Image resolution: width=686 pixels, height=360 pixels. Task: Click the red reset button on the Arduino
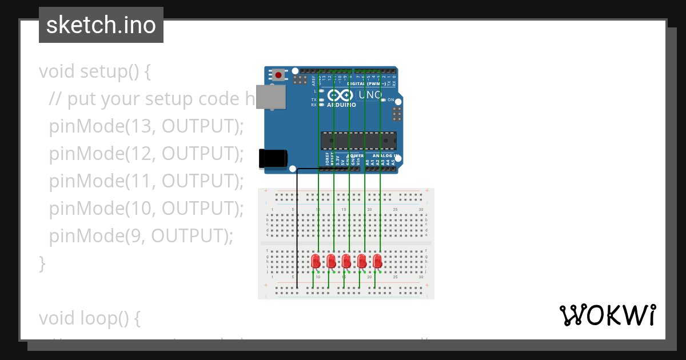point(278,74)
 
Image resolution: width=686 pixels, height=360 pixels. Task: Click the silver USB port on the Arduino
point(271,97)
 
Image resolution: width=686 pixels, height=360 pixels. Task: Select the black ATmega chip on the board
point(358,141)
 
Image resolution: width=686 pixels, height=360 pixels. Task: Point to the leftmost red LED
point(316,261)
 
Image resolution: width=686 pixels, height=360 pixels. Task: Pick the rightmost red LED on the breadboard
point(377,261)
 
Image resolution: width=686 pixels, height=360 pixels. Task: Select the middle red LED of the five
point(346,261)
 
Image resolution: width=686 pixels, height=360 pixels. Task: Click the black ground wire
point(297,229)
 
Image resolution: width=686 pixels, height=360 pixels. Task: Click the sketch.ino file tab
point(101,25)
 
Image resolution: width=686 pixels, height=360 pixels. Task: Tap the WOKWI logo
point(607,315)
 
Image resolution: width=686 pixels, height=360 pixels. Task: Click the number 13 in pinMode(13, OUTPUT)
point(139,126)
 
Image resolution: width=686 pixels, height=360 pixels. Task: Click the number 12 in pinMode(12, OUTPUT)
point(139,154)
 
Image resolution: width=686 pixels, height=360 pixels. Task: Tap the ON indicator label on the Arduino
point(390,100)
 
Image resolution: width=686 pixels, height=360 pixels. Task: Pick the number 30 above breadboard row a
point(421,210)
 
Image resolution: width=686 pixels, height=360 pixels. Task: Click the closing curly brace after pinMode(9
point(42,263)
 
